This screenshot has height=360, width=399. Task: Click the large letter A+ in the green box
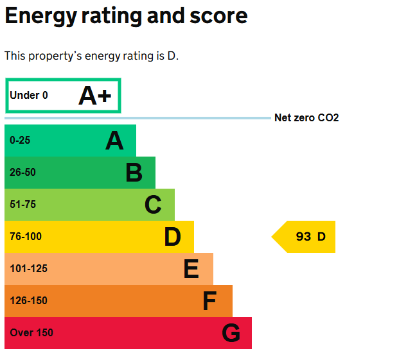coord(95,96)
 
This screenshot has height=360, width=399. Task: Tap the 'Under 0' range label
coord(29,96)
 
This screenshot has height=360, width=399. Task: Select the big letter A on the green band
coord(114,141)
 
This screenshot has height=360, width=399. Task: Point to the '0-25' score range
coord(20,141)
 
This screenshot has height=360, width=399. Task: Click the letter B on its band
coord(134,173)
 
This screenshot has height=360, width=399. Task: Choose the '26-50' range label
coord(22,173)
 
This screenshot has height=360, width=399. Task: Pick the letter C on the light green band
coord(153,205)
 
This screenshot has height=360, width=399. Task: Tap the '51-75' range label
coord(22,205)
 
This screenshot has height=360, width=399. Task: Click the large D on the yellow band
coord(172,237)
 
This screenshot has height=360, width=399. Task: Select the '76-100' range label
coord(26,237)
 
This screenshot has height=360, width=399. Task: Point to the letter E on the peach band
coord(191,269)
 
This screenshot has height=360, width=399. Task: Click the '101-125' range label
coord(28,269)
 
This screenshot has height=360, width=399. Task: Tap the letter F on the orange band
coord(209,301)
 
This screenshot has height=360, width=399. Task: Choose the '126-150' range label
coord(28,301)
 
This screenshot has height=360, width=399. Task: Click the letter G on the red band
coord(231,333)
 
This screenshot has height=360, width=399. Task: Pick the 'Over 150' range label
coord(31,333)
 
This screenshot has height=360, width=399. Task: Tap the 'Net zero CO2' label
coord(306,118)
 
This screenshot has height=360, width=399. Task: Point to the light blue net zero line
coord(137,118)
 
